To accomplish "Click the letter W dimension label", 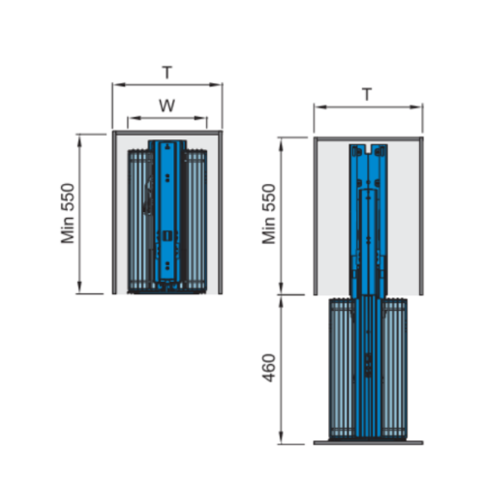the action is pos(166,106).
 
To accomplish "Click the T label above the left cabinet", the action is pos(167,73).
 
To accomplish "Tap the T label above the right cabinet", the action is pos(367,94).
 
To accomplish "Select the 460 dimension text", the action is pos(269,368).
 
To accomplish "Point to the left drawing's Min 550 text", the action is pos(68,214).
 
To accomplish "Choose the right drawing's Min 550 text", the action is pos(269,214).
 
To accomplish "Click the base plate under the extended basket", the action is pos(368,442).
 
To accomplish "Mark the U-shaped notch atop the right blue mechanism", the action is pos(368,149).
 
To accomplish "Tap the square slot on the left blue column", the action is pos(167,236).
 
